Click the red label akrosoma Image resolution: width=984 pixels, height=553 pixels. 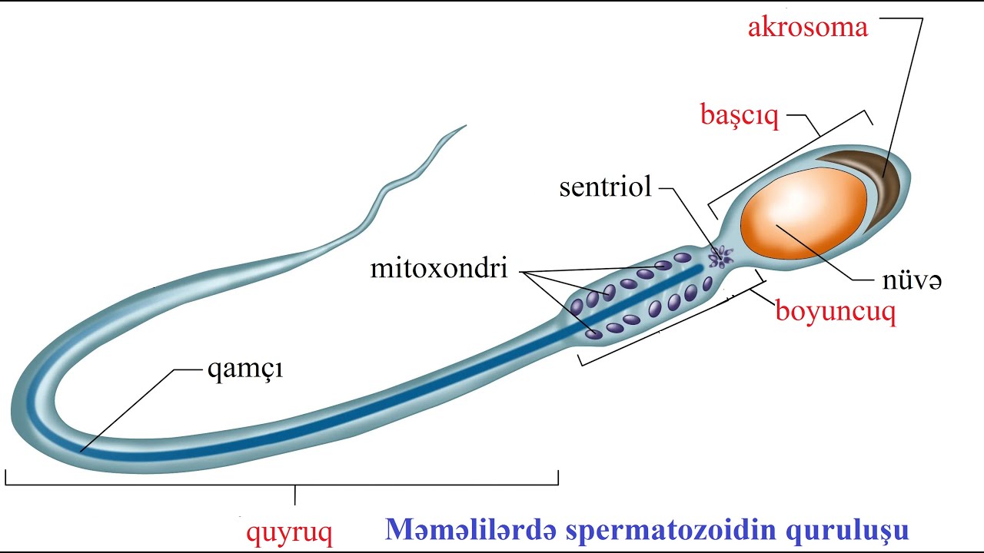pos(808,28)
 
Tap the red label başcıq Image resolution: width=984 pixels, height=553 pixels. pos(740,116)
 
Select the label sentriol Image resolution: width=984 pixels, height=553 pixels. pos(605,187)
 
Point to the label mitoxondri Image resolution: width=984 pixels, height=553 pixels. pos(439,269)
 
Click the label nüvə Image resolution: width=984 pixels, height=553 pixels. pos(913,282)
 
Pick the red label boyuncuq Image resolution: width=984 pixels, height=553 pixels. pos(835,313)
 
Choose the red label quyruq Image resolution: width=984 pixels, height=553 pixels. pos(289,531)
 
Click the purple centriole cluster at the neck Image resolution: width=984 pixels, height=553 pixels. pos(721,256)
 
